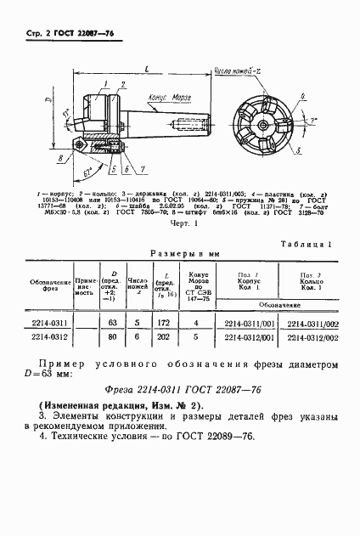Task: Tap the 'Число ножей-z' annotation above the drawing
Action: click(x=237, y=73)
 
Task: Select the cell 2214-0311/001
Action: click(x=249, y=324)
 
